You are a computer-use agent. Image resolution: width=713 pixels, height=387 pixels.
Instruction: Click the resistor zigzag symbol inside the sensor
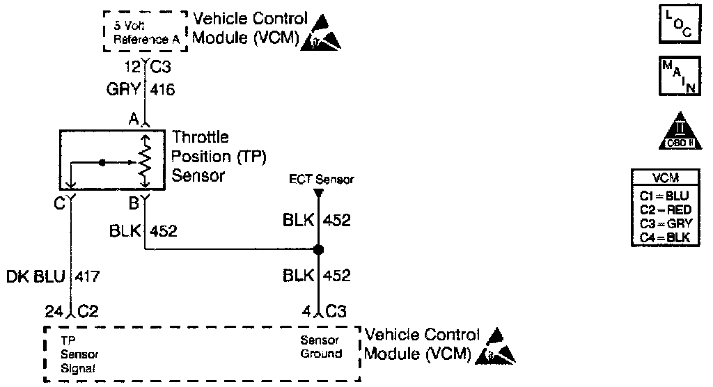click(145, 161)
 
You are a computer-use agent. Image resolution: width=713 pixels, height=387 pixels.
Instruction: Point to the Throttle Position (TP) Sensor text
click(208, 157)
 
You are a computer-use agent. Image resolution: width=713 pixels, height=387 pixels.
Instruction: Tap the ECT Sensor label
click(322, 179)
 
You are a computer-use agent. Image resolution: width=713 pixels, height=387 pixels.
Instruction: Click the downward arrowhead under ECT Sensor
click(318, 191)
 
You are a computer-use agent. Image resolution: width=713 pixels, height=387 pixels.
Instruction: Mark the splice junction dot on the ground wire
click(318, 249)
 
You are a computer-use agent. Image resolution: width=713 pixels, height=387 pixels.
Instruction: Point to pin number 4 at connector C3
click(306, 311)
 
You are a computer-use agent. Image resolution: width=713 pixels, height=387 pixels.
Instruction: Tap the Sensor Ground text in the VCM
click(320, 347)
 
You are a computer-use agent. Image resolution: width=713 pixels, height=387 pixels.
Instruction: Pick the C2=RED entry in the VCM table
click(663, 209)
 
